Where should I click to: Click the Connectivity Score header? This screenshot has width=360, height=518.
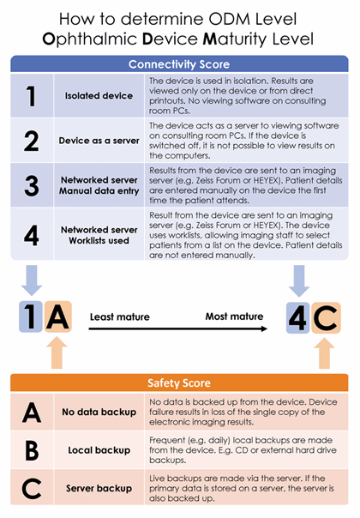tap(179, 64)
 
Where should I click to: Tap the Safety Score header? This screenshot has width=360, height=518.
tap(179, 382)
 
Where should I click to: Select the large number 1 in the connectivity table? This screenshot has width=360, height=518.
tap(31, 96)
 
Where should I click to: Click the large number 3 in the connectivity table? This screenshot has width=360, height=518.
tap(32, 185)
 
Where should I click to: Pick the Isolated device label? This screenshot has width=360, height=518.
tap(99, 96)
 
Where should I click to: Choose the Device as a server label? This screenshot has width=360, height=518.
tap(99, 141)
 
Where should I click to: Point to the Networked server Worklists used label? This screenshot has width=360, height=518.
tap(99, 235)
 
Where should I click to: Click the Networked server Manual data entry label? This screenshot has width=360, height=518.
tap(99, 185)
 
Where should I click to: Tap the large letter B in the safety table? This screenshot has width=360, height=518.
tap(32, 450)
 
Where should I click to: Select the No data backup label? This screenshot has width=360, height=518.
tap(99, 412)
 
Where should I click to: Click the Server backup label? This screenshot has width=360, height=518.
tap(99, 488)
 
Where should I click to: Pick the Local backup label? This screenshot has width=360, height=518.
tap(99, 450)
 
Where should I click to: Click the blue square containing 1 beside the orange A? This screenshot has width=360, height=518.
tap(31, 316)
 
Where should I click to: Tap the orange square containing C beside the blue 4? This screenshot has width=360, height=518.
tap(326, 318)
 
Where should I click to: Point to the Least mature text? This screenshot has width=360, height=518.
tap(119, 316)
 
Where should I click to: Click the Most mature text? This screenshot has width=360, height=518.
tap(234, 316)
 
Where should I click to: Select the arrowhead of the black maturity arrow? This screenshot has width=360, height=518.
tap(264, 328)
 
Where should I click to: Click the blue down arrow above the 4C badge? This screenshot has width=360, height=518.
tap(299, 280)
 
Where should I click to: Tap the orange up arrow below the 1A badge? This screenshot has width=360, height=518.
tap(57, 352)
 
